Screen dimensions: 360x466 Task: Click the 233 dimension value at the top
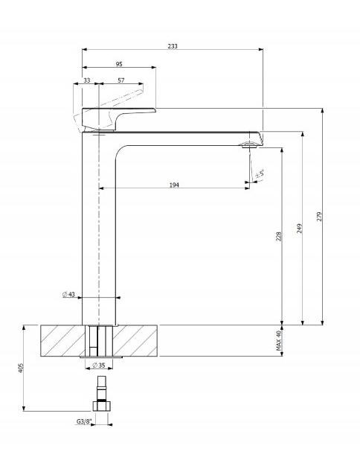click(173, 46)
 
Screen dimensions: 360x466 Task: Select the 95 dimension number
click(119, 64)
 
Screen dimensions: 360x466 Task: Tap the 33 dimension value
click(87, 80)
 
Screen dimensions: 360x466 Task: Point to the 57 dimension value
click(121, 80)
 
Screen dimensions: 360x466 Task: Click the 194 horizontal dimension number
click(174, 185)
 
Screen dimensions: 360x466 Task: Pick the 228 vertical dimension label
click(279, 236)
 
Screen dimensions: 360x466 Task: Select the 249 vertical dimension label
click(300, 229)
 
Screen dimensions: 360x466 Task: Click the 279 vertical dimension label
click(319, 217)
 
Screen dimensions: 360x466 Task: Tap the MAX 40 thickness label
click(278, 341)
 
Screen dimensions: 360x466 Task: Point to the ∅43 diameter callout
click(68, 294)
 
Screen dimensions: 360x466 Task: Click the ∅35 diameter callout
click(99, 365)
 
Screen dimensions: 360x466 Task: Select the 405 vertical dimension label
click(21, 368)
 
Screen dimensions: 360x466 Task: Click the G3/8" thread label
click(84, 421)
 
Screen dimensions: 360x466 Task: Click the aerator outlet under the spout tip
click(249, 145)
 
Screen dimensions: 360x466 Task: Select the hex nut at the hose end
click(102, 406)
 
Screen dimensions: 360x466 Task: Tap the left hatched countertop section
click(62, 341)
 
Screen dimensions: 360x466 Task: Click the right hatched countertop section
click(135, 341)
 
